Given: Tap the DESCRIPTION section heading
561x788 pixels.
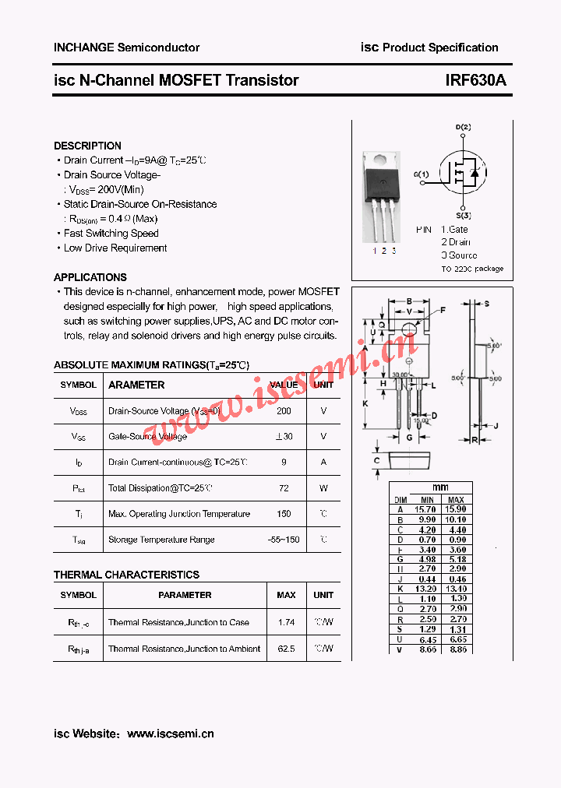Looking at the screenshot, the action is [87, 146].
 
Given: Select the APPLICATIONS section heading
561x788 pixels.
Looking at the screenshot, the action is [90, 277].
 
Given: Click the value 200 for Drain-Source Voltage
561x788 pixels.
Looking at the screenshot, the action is [284, 410].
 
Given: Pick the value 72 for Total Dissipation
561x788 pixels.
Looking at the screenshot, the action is [284, 488].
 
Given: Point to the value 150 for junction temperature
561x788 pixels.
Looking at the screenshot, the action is [284, 514].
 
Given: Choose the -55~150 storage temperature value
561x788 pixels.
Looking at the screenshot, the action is [284, 540].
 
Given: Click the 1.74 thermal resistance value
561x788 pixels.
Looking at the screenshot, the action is [286, 622].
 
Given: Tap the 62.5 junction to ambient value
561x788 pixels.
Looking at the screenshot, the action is [286, 649].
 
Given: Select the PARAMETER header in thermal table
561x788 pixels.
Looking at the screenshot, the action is [185, 595].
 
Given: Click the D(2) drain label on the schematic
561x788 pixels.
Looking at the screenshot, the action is [463, 127].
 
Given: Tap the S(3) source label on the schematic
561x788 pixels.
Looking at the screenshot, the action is [463, 215].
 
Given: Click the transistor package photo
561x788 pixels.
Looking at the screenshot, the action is [382, 195].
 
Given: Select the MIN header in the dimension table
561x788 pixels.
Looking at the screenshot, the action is [427, 500].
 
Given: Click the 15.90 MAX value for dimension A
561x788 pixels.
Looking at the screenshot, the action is [456, 508].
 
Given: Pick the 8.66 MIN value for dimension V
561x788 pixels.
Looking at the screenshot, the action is [427, 649].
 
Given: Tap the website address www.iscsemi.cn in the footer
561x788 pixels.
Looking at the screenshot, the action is [170, 733].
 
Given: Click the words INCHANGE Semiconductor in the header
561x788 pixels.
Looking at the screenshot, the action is [126, 47].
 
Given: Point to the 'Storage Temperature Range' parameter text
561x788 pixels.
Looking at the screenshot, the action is [161, 540].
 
